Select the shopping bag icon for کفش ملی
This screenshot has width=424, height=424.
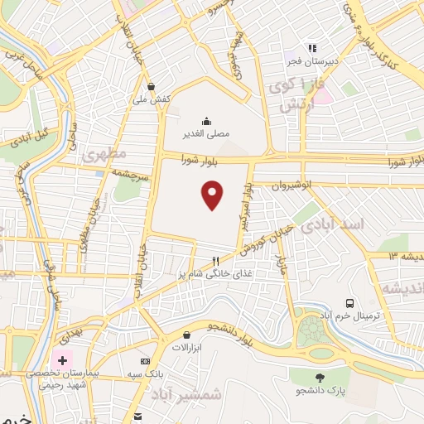[x=151, y=85]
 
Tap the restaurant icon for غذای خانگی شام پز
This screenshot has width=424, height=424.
[x=215, y=259]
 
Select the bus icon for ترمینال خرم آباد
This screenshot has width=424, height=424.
[x=351, y=303]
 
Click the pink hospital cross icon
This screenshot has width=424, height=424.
[x=60, y=360]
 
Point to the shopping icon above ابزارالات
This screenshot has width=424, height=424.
[x=186, y=335]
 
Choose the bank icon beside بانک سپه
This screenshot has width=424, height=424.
[x=146, y=362]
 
